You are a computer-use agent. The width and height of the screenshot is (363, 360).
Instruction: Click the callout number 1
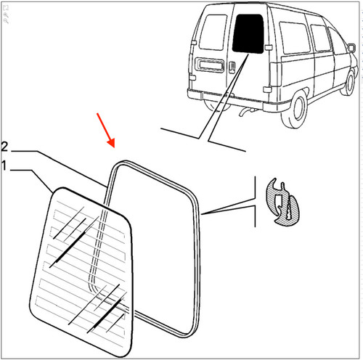pos(4,166)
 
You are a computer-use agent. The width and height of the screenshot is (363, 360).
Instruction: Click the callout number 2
pos(4,147)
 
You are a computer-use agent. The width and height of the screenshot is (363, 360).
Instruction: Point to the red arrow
pos(105,130)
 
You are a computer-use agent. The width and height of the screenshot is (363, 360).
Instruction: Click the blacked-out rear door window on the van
pos(248,33)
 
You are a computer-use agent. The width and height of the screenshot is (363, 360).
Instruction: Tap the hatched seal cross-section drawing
pos(282,202)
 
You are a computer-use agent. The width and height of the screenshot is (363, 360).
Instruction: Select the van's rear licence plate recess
pos(211,65)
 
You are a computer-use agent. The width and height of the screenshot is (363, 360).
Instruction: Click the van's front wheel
pos(348,82)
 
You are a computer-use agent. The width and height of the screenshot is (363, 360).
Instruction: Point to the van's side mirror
pos(351,47)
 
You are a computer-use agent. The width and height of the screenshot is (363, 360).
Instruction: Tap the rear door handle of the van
pos(232,67)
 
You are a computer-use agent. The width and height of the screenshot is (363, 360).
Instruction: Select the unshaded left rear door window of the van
pos(213,32)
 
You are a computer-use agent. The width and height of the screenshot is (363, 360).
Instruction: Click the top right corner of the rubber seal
pos(195,197)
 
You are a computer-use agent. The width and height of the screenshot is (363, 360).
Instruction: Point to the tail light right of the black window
pos(276,75)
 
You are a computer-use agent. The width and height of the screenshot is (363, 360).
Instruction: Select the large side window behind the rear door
pos(294,38)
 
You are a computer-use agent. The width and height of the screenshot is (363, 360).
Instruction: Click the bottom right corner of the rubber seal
pos(192,333)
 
